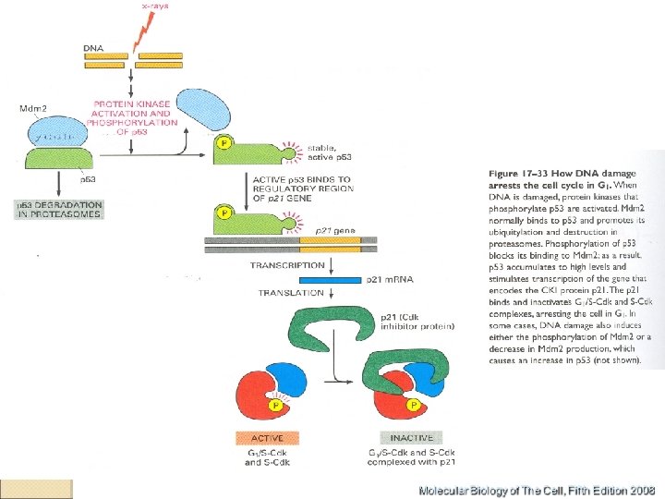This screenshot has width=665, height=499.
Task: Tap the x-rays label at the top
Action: coord(155,6)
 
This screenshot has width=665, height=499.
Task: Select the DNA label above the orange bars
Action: coord(93,46)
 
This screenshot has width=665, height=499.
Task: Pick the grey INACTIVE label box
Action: coord(409,437)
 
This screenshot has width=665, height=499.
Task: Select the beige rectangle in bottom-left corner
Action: coord(37,489)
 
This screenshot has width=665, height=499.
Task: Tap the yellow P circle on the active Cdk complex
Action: coord(274,404)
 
